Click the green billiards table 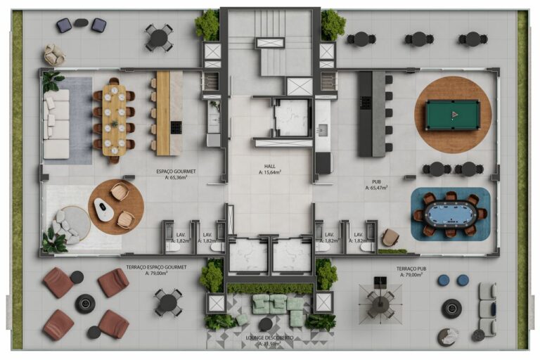[453, 113]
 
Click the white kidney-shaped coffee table [104, 210]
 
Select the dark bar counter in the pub [366, 114]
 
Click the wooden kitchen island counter [163, 112]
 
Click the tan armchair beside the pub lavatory [390, 238]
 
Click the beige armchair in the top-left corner [54, 53]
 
